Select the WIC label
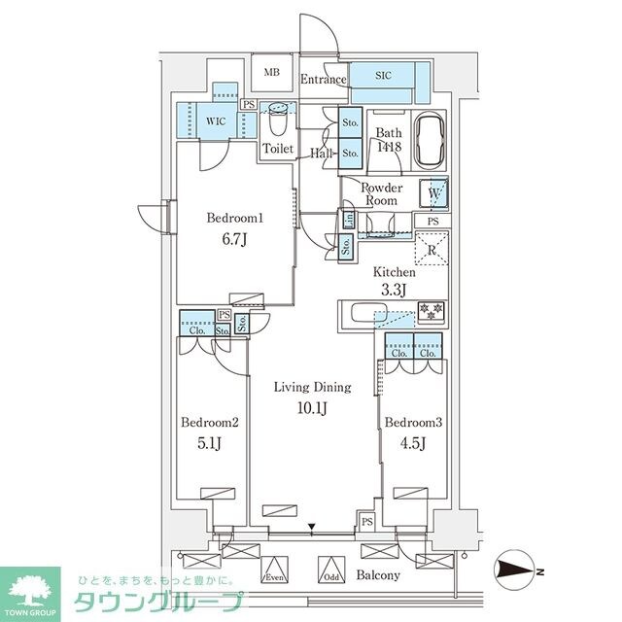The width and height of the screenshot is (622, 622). [214, 122]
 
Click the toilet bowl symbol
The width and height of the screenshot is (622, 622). [279, 122]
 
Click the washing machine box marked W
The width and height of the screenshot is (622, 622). [433, 192]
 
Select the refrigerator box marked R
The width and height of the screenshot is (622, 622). [432, 251]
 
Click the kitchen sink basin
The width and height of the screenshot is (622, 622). [363, 314]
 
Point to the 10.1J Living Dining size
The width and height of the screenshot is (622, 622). [311, 405]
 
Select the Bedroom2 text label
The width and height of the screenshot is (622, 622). [210, 423]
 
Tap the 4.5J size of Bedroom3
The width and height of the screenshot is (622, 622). [413, 445]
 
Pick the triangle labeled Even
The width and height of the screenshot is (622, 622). [274, 569]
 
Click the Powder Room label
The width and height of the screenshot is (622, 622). [381, 193]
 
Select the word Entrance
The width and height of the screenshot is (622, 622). [323, 80]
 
